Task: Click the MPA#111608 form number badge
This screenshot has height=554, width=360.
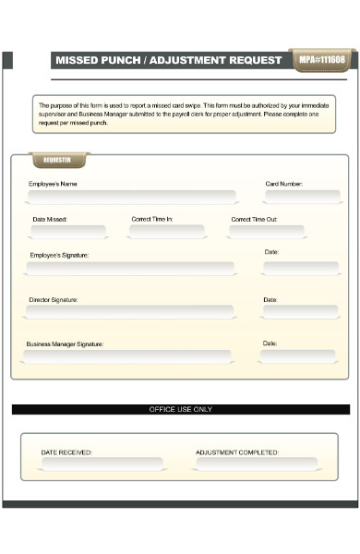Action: point(320,60)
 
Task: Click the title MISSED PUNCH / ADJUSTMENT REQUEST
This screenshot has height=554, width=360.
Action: point(169,60)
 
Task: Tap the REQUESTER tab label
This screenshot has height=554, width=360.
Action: point(57,161)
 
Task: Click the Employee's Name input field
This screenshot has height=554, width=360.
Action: point(131,197)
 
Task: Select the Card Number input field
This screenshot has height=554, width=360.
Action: point(300,197)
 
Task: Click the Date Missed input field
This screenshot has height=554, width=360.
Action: point(66,232)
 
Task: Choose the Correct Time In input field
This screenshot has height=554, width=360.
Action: point(166,232)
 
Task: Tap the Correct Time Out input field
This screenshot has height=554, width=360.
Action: point(267,232)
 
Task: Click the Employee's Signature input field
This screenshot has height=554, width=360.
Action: point(130,268)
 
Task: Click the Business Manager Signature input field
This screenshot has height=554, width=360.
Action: point(127,356)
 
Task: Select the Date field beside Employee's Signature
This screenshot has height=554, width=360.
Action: point(300,268)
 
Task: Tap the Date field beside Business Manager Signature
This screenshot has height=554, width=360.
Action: point(298,356)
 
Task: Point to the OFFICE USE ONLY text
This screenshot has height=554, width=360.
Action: point(181,409)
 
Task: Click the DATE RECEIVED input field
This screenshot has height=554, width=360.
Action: point(102,464)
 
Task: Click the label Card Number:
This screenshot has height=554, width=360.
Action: point(283,184)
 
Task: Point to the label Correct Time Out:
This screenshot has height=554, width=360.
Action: point(254,219)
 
